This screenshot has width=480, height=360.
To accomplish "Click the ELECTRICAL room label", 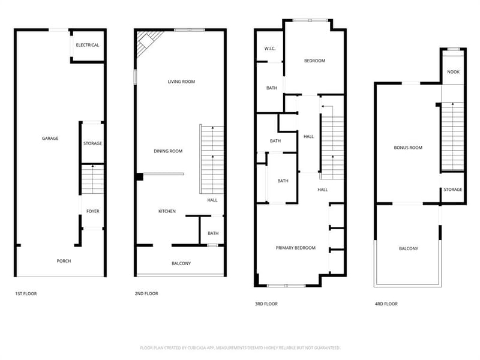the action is pyautogui.click(x=87, y=45).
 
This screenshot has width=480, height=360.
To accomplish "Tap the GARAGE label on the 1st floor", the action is pyautogui.click(x=50, y=139).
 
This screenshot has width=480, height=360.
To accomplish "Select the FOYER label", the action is pyautogui.click(x=93, y=211).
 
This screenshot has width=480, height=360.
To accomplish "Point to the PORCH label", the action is pyautogui.click(x=64, y=261).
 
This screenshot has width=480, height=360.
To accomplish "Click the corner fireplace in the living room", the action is pyautogui.click(x=146, y=41).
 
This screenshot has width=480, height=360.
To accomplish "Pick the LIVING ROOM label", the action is pyautogui.click(x=181, y=82).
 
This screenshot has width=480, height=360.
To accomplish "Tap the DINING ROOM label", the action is pyautogui.click(x=168, y=151).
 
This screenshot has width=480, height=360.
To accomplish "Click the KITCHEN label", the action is pyautogui.click(x=167, y=211).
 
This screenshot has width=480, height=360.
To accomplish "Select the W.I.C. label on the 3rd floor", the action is pyautogui.click(x=270, y=49).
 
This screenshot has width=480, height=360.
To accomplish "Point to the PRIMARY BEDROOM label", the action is pyautogui.click(x=296, y=248).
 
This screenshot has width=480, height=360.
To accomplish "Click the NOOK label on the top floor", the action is pyautogui.click(x=454, y=72).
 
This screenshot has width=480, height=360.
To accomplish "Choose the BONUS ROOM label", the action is pyautogui.click(x=408, y=148).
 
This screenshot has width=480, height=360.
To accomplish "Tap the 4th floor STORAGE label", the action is pyautogui.click(x=453, y=190).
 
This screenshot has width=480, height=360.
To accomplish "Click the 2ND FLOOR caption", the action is pyautogui.click(x=146, y=293).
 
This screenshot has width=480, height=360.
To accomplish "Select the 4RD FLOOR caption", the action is pyautogui.click(x=386, y=304).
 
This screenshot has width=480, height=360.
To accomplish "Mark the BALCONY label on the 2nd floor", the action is pyautogui.click(x=181, y=263).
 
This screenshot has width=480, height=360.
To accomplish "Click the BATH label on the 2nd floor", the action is pyautogui.click(x=213, y=233).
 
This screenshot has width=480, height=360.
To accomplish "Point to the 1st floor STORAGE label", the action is pyautogui.click(x=92, y=143).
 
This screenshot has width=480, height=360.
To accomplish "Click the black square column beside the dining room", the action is pyautogui.click(x=140, y=177).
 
